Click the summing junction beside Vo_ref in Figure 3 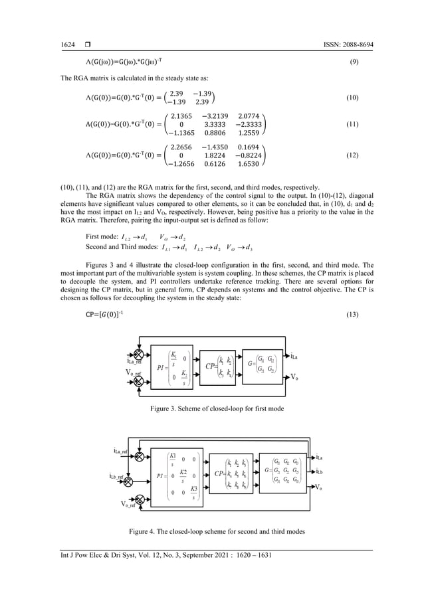click(x=138, y=379)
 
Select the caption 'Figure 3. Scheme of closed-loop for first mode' click(x=211, y=408)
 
